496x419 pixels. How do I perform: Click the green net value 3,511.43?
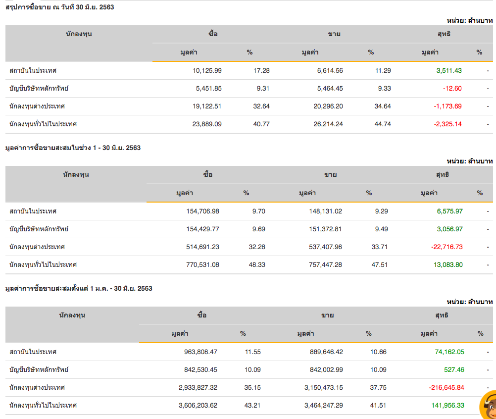click(449, 71)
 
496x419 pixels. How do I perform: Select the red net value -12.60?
click(452, 89)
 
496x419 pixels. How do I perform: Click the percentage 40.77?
click(261, 124)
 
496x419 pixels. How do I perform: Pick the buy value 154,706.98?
click(201, 211)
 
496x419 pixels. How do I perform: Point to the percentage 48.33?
click(256, 265)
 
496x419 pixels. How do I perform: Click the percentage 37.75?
click(379, 388)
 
